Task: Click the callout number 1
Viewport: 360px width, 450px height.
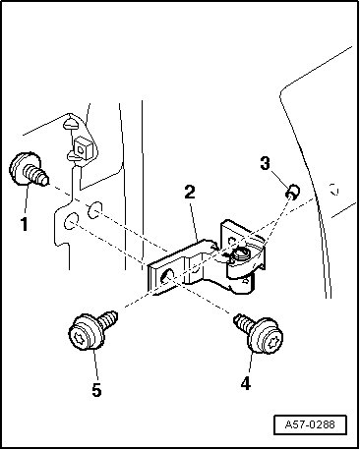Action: (x=24, y=224)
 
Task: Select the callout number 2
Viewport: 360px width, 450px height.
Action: (x=190, y=193)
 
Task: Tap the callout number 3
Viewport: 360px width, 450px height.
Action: (x=265, y=163)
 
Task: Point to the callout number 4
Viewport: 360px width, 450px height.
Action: (x=245, y=383)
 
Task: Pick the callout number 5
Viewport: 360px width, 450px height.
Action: (x=96, y=390)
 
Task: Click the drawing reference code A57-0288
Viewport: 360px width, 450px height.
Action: (x=310, y=424)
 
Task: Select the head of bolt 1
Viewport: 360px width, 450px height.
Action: (x=22, y=168)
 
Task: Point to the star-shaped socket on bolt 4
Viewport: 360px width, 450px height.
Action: (x=272, y=342)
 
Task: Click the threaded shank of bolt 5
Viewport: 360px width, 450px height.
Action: (x=107, y=319)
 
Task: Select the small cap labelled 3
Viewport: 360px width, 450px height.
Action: (x=293, y=192)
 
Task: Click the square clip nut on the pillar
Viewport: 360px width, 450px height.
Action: (x=82, y=149)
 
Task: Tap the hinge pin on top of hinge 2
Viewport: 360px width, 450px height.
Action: (x=239, y=253)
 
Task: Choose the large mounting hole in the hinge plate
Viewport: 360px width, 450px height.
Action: (x=168, y=278)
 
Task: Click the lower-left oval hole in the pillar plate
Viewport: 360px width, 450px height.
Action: (x=71, y=221)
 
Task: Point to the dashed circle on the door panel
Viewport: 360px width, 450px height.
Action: (x=334, y=190)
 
